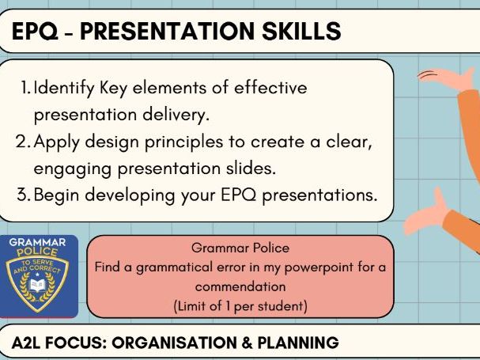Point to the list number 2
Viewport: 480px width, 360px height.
pos(25,142)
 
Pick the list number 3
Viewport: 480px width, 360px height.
pos(25,195)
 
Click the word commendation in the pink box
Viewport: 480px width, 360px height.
pos(240,286)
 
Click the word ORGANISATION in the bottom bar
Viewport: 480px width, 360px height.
pos(170,343)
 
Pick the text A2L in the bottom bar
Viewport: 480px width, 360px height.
pos(28,343)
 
